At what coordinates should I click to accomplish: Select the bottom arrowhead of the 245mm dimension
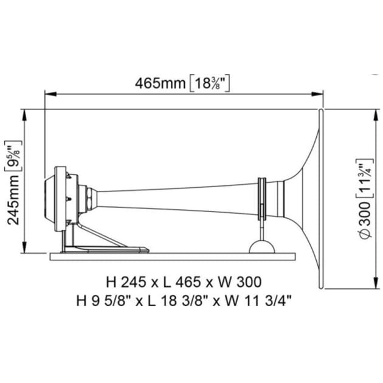[25, 250]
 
